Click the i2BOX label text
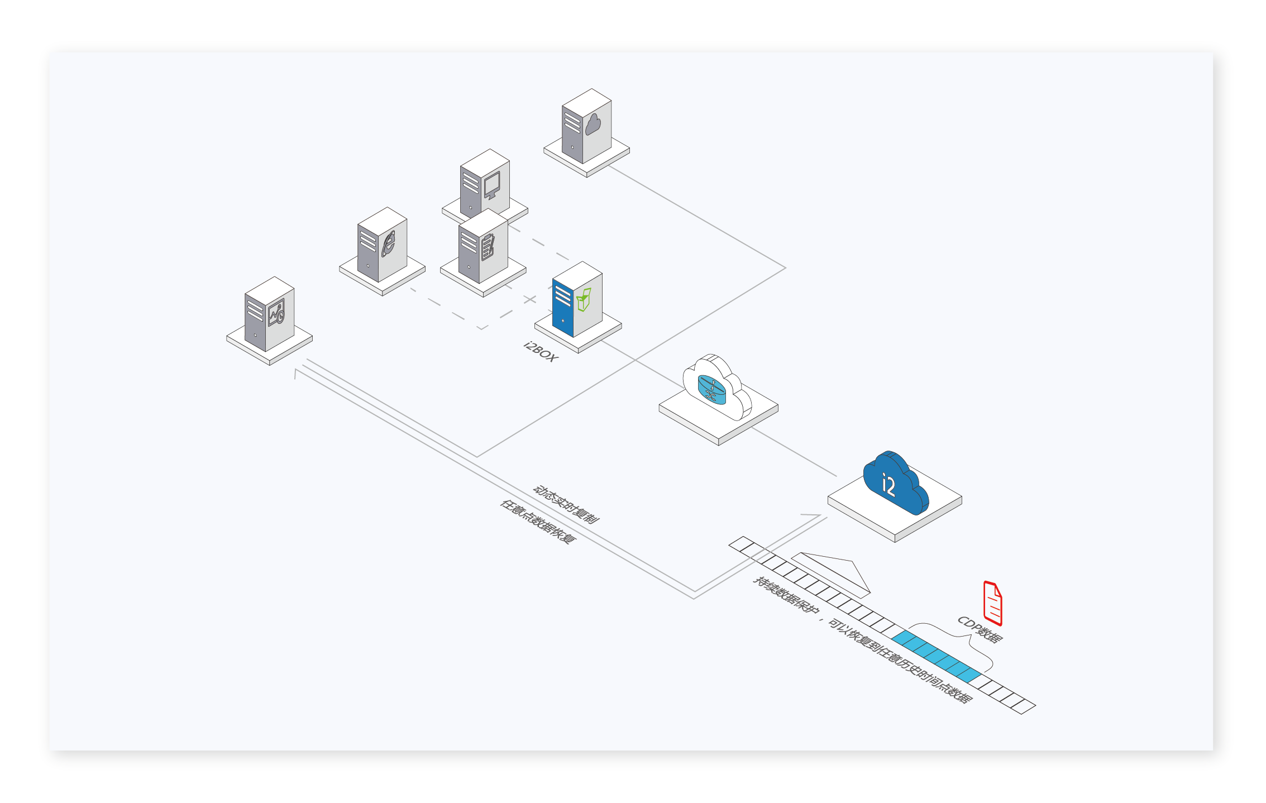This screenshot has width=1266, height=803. point(540,352)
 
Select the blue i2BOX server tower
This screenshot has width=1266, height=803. point(577,299)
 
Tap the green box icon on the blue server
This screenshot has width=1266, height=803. point(584,300)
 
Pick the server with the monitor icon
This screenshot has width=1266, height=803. point(485,184)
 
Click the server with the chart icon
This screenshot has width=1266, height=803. point(269,314)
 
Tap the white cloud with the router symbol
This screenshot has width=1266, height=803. point(717,386)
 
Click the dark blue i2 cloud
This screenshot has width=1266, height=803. point(895,482)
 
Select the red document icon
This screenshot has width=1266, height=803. point(992,603)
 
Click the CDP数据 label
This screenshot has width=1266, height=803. point(980,629)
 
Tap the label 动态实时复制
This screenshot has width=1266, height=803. point(566,504)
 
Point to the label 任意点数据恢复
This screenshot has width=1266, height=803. point(537,522)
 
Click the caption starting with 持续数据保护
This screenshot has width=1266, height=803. point(862,639)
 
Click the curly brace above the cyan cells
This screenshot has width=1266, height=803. point(949,645)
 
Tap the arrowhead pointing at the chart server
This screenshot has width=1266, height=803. point(297,372)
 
